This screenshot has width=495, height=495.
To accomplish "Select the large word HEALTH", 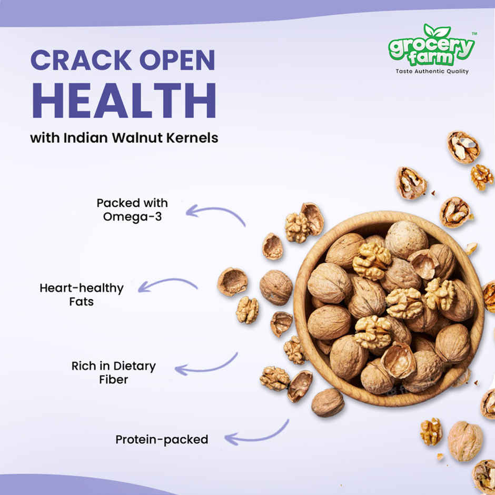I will tap(123, 100).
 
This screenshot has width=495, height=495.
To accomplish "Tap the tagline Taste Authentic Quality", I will tap(432, 71).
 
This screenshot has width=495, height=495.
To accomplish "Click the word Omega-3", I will tap(133, 216).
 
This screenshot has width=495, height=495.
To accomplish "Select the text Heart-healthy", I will tap(81, 288).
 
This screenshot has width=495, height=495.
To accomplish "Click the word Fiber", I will tap(113, 379).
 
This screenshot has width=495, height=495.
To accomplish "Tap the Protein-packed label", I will tap(162, 439).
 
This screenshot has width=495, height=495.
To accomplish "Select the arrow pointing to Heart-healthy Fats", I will tap(167, 285).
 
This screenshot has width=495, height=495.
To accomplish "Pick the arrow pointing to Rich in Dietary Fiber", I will tap(205, 365).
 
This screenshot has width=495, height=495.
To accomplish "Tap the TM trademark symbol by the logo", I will tap(474, 34).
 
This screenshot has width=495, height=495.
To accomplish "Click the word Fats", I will tap(81, 302).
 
